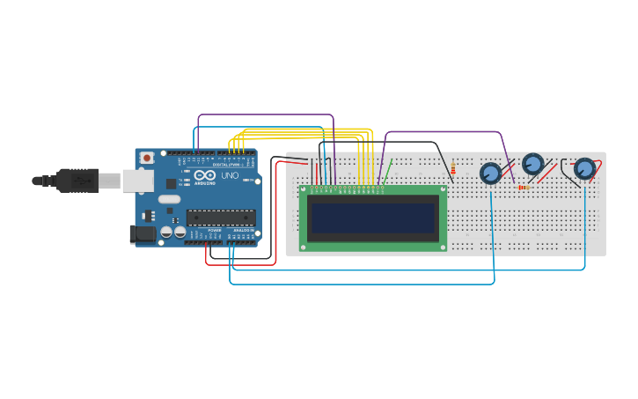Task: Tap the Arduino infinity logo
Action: pos(204,176)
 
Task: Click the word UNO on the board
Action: pos(228,176)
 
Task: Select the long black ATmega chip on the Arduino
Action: pos(220,218)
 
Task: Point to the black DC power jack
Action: pos(142,234)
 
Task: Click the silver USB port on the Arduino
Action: pos(135,181)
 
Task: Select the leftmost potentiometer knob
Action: pos(490,174)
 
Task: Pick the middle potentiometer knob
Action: pos(533,164)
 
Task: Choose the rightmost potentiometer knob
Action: pos(584,168)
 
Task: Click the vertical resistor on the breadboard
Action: pos(453,167)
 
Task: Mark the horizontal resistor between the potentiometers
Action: pos(524,187)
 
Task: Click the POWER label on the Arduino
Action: pos(214,231)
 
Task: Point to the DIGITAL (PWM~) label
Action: pos(227,165)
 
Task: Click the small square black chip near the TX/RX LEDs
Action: pos(171,183)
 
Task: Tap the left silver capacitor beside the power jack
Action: pos(165,233)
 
